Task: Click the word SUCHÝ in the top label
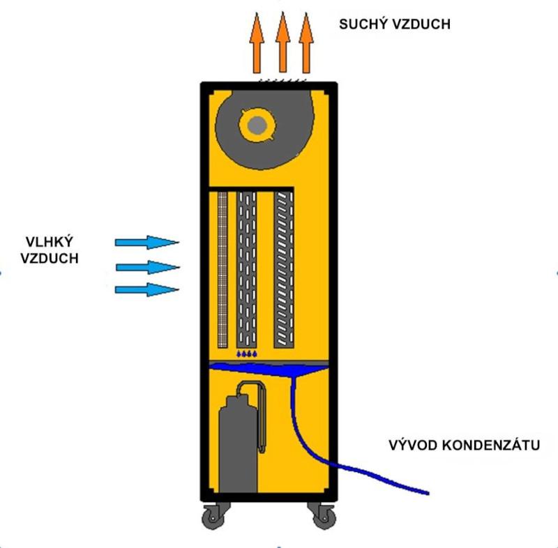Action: click(363, 24)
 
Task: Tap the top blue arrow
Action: click(146, 242)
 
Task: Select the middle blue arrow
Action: click(148, 267)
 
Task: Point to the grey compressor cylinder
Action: click(237, 446)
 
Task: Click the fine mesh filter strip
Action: click(223, 269)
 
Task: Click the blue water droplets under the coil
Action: click(247, 355)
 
